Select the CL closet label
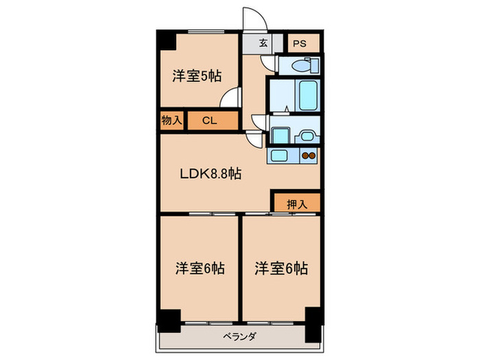tap(209, 121)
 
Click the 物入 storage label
tap(171, 121)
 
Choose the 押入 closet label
tap(296, 203)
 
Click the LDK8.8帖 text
tap(210, 174)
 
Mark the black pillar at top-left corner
tap(167, 41)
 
